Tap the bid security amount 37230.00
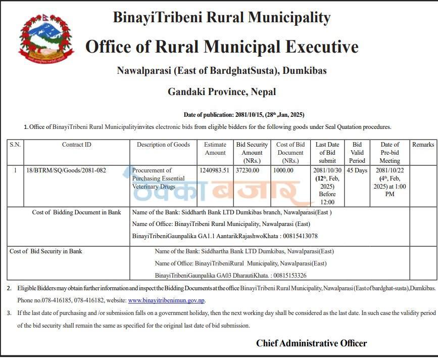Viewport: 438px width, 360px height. pyautogui.click(x=248, y=170)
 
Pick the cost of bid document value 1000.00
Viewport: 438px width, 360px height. pyautogui.click(x=283, y=170)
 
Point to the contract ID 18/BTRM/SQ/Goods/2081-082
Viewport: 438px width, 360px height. pyautogui.click(x=66, y=170)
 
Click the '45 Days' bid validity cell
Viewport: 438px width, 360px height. pyautogui.click(x=357, y=170)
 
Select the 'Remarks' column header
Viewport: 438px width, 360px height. pyautogui.click(x=423, y=145)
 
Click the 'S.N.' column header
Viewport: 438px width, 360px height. pyautogui.click(x=15, y=145)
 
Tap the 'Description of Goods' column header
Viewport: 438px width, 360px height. pyautogui.click(x=163, y=145)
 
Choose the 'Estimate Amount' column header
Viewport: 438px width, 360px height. pyautogui.click(x=215, y=149)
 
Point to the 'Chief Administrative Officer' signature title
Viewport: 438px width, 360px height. pyautogui.click(x=311, y=343)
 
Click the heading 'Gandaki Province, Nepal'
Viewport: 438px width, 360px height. pyautogui.click(x=222, y=92)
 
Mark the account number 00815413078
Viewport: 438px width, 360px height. pyautogui.click(x=300, y=236)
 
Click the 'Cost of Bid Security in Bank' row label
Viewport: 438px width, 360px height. pyautogui.click(x=46, y=251)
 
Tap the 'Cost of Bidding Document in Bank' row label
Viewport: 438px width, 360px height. pyautogui.click(x=76, y=212)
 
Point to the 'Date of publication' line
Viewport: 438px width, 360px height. pyautogui.click(x=244, y=115)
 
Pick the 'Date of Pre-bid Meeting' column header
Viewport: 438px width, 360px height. pyautogui.click(x=390, y=153)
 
